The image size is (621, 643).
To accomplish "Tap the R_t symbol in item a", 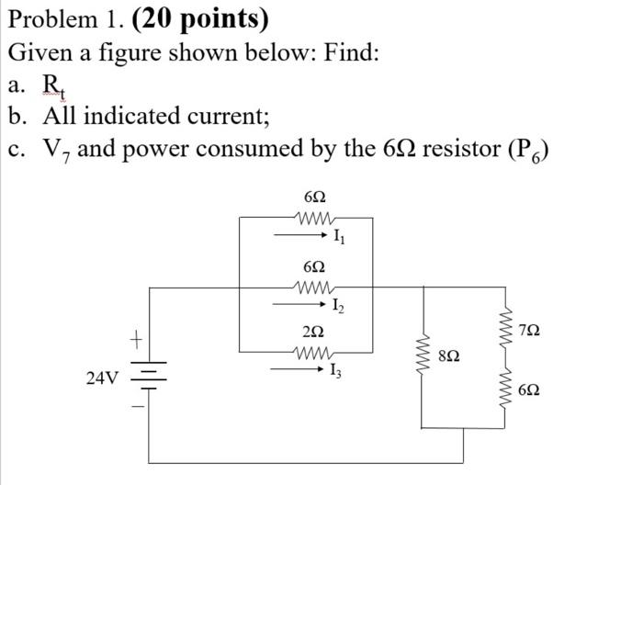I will pyautogui.click(x=53, y=85).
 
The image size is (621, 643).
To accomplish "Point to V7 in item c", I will pyautogui.click(x=56, y=149).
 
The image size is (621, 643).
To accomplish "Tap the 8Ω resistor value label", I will pyautogui.click(x=449, y=354).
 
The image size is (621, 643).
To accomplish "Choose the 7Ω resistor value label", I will pyautogui.click(x=530, y=329).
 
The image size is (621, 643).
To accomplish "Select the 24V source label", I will pyautogui.click(x=102, y=378).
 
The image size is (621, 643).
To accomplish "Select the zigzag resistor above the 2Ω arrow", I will pyautogui.click(x=313, y=350).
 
